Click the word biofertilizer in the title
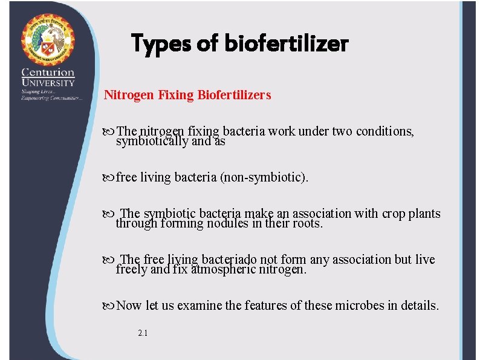(287, 44)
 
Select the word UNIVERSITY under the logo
(48, 83)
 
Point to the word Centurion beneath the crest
(48, 73)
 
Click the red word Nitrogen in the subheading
(128, 95)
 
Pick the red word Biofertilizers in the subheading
(234, 95)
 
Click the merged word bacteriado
(229, 260)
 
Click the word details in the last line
(419, 306)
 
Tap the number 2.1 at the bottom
(143, 333)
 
